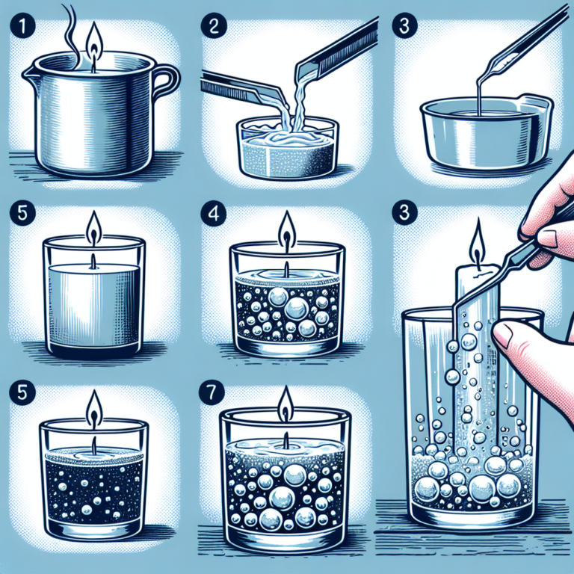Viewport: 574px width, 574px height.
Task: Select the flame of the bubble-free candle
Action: pyautogui.click(x=93, y=229)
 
